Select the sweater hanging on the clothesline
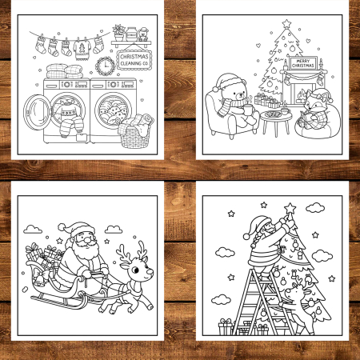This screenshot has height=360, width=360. (81, 48)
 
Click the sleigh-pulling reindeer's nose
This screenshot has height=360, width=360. (151, 271)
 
